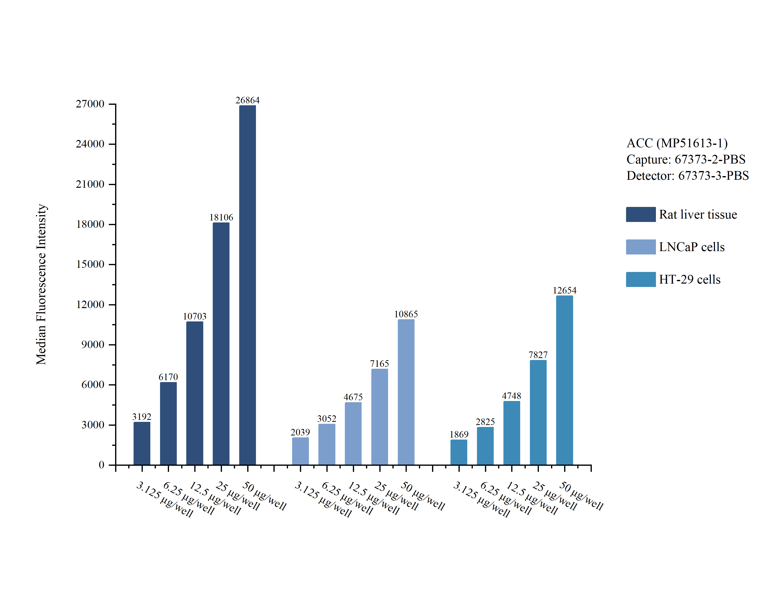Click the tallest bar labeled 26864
tap(247, 284)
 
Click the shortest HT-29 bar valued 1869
tap(459, 452)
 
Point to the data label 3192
tap(142, 417)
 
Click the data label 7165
tap(380, 364)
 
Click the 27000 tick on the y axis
tap(90, 104)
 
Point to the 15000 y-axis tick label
tap(90, 264)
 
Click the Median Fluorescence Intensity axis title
tap(41, 284)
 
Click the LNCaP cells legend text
tap(691, 247)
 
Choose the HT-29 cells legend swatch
tap(641, 279)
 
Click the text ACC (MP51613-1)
tap(677, 143)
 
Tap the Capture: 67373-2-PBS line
tap(686, 159)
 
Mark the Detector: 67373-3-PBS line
tap(688, 176)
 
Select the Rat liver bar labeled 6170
tap(168, 423)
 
